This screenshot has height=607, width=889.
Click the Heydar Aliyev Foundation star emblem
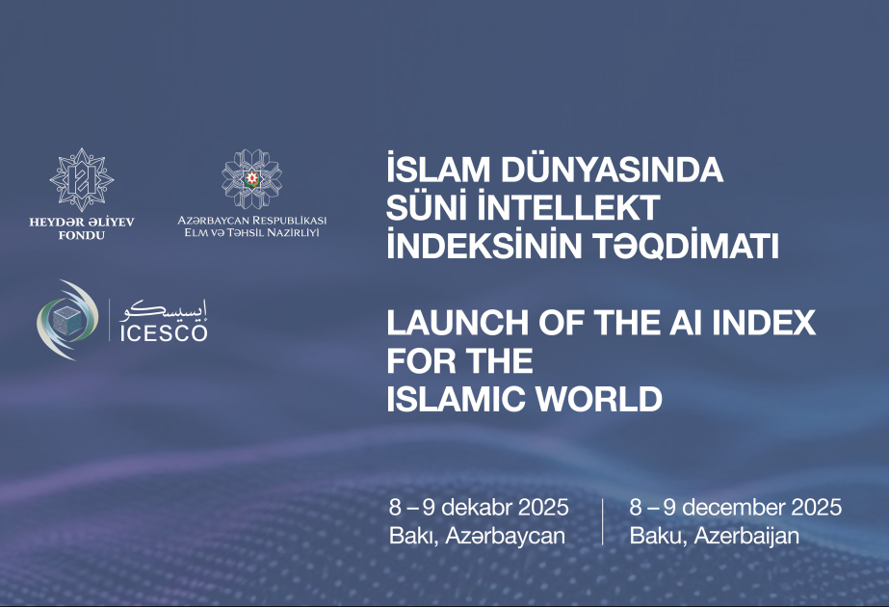[x=82, y=180]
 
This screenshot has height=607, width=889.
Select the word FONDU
[x=82, y=236]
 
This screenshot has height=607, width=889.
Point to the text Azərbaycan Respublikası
[x=252, y=220]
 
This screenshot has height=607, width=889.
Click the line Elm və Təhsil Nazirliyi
[x=252, y=233]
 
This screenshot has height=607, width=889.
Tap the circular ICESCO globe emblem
[x=66, y=319]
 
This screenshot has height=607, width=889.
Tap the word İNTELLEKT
[x=564, y=208]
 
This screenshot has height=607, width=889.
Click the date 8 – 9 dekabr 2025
[x=479, y=507]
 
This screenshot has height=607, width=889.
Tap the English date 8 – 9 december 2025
[x=736, y=507]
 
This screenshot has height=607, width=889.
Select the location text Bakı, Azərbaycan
[x=477, y=536]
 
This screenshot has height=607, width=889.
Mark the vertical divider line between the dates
[x=603, y=521]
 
